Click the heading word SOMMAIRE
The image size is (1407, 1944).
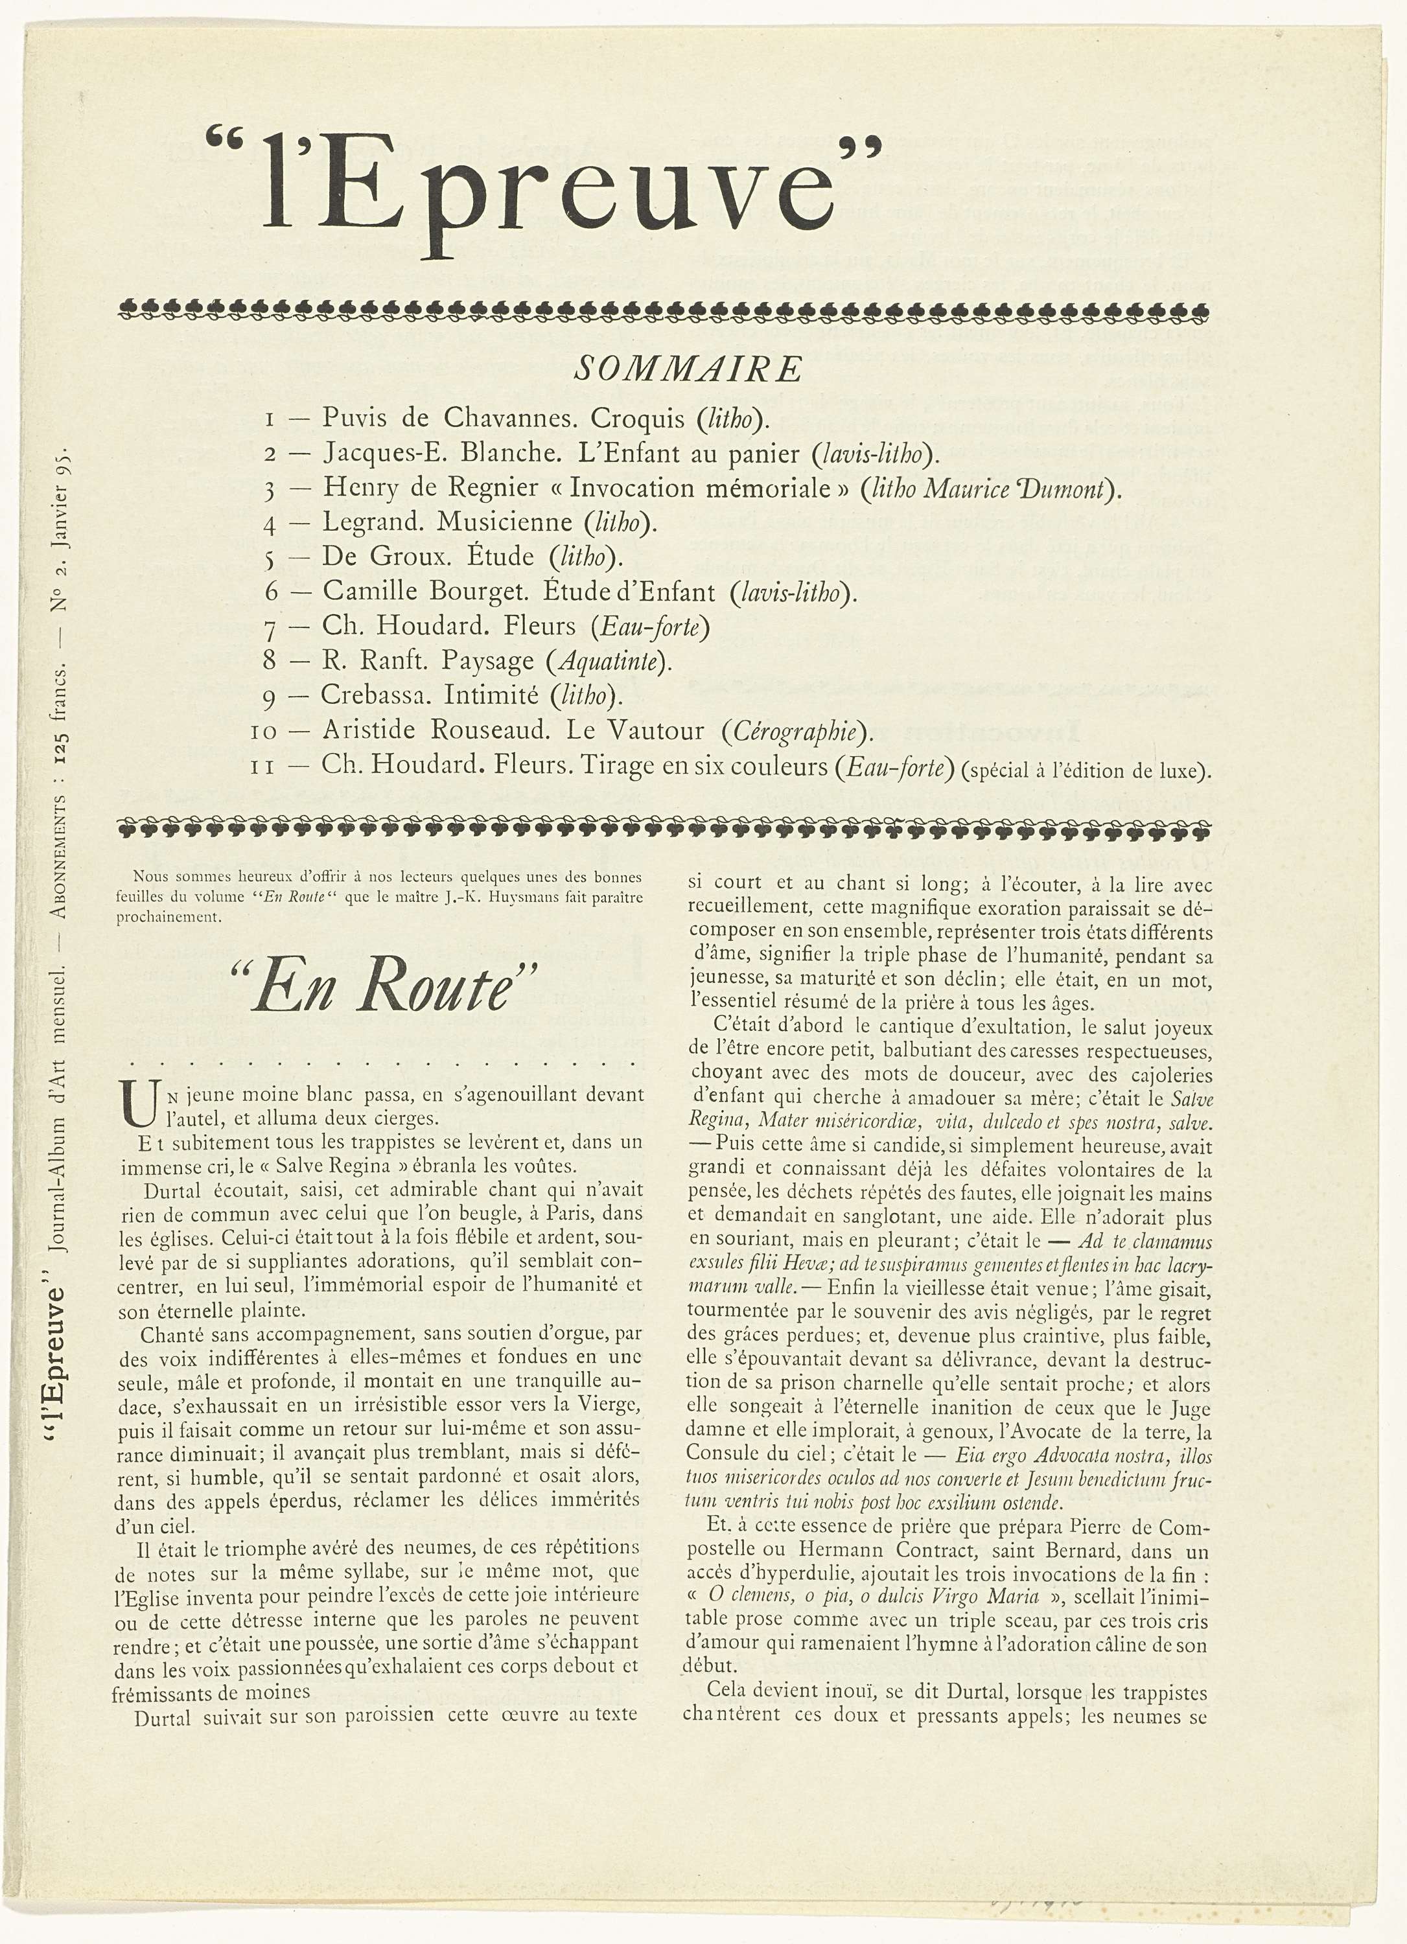(688, 369)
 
